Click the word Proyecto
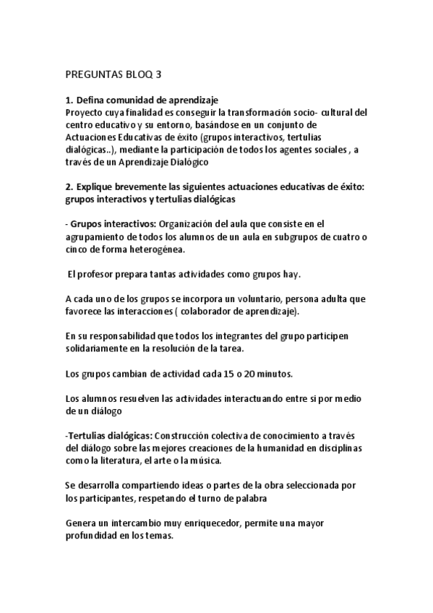tap(85, 112)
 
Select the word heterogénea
tap(154, 250)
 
